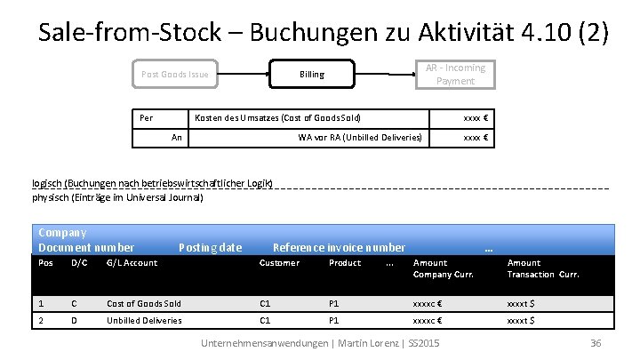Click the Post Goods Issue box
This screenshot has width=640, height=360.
[x=175, y=75]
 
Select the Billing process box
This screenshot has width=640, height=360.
[x=312, y=75]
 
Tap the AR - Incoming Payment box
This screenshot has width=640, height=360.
[x=455, y=74]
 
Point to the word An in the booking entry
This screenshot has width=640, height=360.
[x=177, y=137]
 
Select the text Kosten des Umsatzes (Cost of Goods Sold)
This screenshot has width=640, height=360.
[x=276, y=117]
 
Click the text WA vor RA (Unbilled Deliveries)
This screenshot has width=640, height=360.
[x=360, y=137]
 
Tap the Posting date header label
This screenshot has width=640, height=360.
[x=210, y=247]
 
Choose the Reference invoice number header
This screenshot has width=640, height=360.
[x=339, y=247]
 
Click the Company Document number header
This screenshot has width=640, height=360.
[x=86, y=240]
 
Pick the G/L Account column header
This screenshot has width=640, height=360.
[x=132, y=263]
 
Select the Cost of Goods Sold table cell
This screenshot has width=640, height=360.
[x=143, y=303]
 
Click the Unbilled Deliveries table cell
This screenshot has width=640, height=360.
[x=144, y=320]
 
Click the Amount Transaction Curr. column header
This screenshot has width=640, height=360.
[x=542, y=268]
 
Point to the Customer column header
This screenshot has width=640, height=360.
[x=278, y=263]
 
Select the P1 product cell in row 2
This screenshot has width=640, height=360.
[x=334, y=320]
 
